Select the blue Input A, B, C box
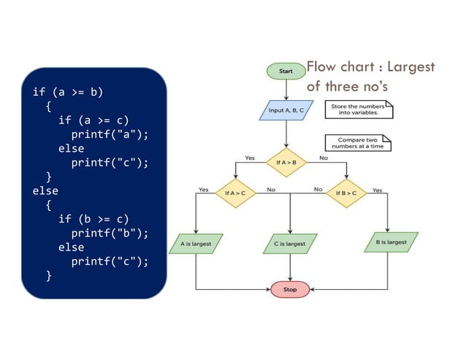click(286, 110)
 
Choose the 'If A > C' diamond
click(236, 194)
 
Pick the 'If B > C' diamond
click(347, 194)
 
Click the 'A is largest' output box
click(196, 242)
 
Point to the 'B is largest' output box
click(391, 242)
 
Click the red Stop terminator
click(290, 289)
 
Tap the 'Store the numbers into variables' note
click(358, 110)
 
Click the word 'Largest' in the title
click(410, 67)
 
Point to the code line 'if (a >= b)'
click(68, 93)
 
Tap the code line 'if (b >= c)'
click(93, 219)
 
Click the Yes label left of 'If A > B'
click(250, 158)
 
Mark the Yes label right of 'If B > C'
click(377, 190)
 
